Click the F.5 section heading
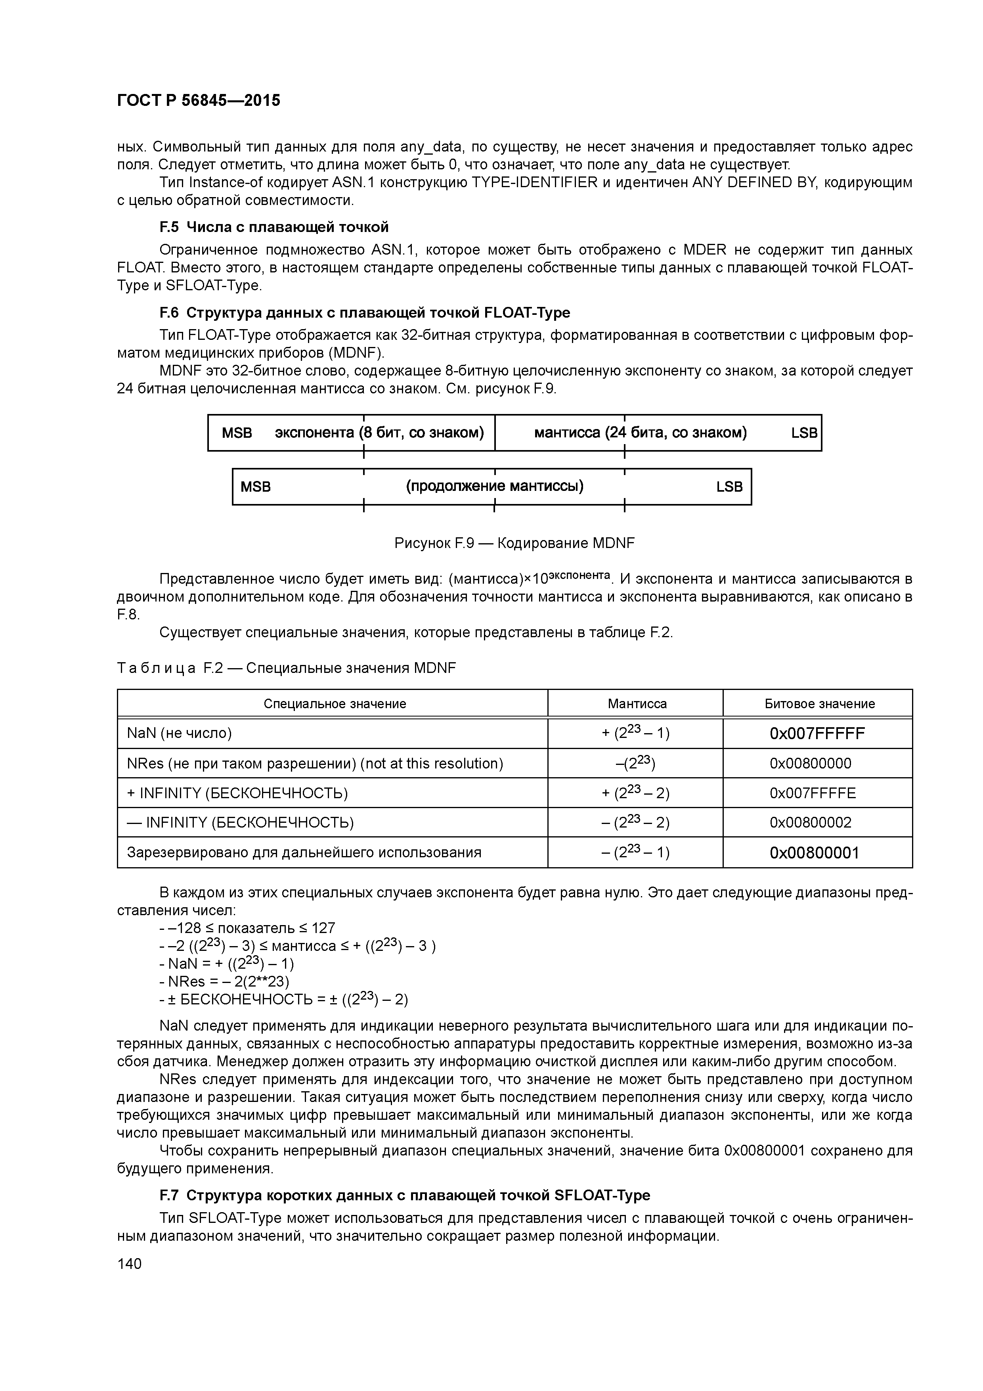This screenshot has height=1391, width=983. (274, 227)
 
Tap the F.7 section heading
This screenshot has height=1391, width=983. (405, 1195)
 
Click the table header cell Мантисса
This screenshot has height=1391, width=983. (637, 703)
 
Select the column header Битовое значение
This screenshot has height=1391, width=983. (819, 703)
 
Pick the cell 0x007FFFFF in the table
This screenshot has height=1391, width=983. (817, 734)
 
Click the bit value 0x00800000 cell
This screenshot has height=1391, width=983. (810, 763)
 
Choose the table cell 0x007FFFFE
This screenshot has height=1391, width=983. (812, 793)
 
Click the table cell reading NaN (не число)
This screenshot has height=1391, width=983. (179, 734)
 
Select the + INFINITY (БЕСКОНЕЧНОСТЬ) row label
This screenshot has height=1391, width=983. (237, 793)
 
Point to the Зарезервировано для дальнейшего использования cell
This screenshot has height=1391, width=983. (304, 853)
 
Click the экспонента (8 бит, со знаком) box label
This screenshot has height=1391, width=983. (379, 433)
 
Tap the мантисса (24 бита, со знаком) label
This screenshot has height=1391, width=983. (640, 433)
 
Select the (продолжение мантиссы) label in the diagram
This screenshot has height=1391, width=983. (495, 487)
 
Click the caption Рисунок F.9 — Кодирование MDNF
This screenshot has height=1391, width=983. (514, 543)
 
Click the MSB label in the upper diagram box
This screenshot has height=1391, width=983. (237, 433)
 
